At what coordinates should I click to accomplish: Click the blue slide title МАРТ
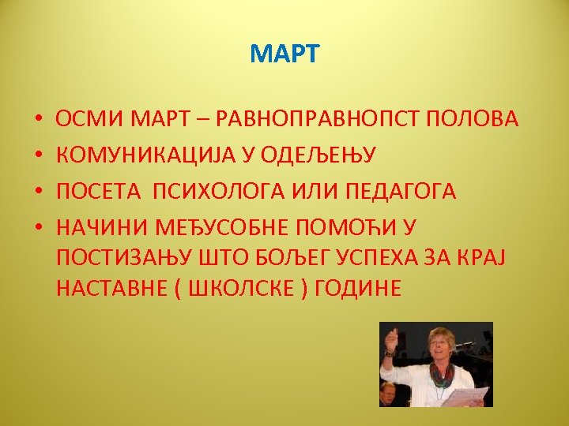point(284,54)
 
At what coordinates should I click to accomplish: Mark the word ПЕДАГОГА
point(411,192)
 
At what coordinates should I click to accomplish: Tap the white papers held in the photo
point(466,395)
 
